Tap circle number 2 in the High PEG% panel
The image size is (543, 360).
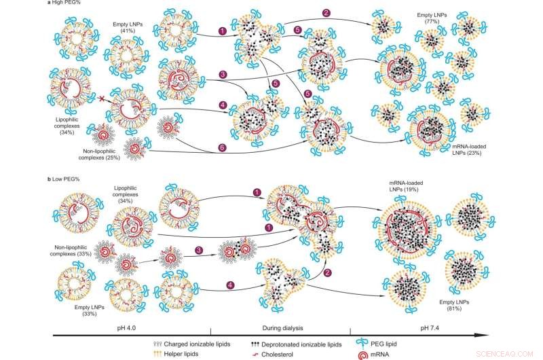[327, 13]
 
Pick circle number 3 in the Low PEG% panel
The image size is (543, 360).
[198, 250]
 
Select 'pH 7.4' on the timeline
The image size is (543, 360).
[431, 327]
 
